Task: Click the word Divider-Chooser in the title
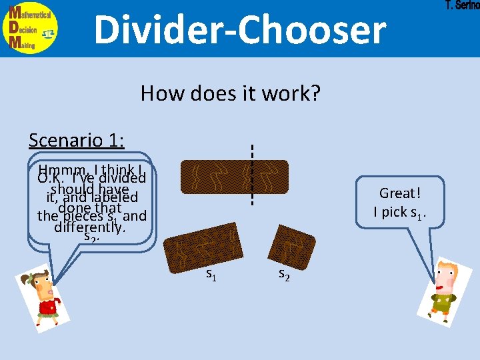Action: coord(239,29)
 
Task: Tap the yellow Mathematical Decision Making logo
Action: coord(29,29)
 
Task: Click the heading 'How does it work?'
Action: coord(230,93)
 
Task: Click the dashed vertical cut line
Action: coord(252,175)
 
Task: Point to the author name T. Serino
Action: coord(461,5)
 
